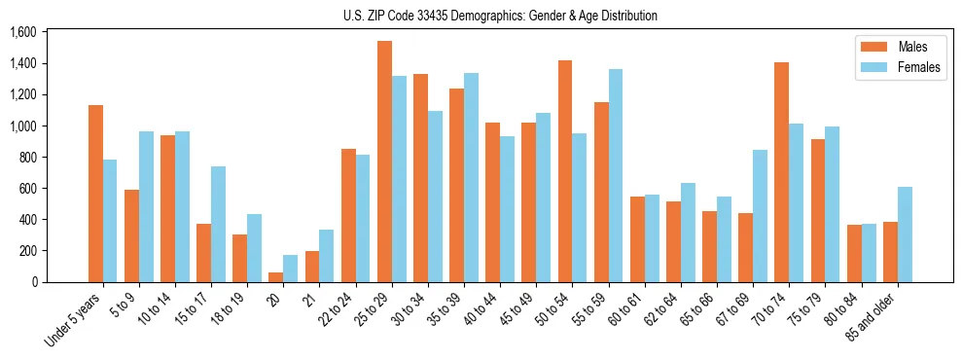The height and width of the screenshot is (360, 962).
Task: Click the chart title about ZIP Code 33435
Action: click(x=500, y=16)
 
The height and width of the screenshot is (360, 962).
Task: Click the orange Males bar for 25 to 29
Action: click(x=384, y=162)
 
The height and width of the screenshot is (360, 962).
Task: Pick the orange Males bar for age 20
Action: click(x=276, y=277)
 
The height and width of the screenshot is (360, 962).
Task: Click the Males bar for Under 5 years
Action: click(x=95, y=194)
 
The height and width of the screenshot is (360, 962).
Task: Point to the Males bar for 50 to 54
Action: click(x=565, y=171)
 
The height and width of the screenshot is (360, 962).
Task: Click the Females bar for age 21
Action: click(x=327, y=256)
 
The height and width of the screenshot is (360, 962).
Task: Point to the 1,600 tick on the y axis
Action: click(x=22, y=32)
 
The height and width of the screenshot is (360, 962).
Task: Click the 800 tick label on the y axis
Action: click(x=27, y=158)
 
